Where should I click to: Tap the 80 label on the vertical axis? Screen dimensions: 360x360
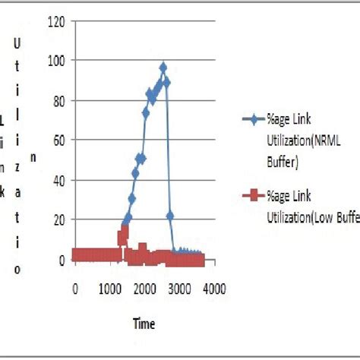56,100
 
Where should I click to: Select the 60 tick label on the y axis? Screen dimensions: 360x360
56,140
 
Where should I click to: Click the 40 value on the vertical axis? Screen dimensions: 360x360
56,180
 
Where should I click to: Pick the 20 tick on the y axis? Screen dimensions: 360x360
56,219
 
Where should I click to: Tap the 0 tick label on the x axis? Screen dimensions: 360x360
74,289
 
